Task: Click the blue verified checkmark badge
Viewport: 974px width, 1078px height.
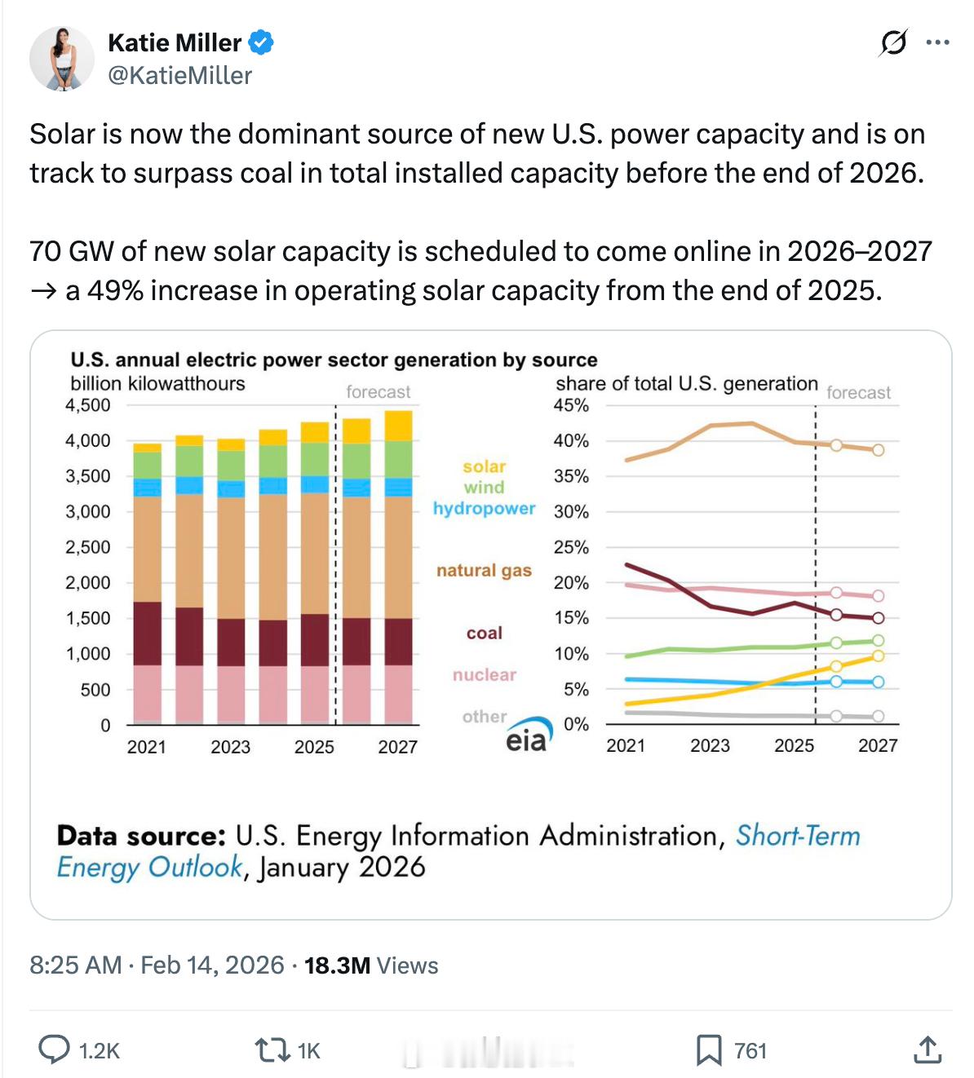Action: [x=260, y=42]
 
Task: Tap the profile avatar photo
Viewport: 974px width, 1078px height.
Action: [x=62, y=59]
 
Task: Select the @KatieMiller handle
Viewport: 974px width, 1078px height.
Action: [x=179, y=76]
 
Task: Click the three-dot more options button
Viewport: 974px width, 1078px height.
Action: [x=938, y=42]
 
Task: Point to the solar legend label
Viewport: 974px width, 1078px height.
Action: [x=484, y=466]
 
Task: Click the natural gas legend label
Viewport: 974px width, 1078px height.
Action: [x=484, y=570]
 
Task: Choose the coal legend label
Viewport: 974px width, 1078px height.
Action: [x=484, y=633]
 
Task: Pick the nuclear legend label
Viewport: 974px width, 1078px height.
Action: [x=484, y=674]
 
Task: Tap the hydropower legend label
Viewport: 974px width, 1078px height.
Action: [x=484, y=508]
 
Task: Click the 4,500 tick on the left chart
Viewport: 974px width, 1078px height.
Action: [x=87, y=405]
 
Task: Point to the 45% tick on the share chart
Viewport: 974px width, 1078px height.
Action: [x=571, y=405]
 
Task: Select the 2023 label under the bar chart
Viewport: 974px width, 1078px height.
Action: [x=230, y=746]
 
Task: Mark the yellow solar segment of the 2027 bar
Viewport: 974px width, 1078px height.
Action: [x=398, y=425]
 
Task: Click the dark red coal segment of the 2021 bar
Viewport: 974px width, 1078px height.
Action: [x=147, y=634]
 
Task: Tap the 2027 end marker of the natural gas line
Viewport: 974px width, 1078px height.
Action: [x=878, y=450]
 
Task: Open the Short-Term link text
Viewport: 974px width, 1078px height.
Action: [x=798, y=836]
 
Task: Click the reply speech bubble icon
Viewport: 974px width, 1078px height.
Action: [x=54, y=1049]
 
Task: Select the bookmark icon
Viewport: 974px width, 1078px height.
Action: [x=708, y=1049]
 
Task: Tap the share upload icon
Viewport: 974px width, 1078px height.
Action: [x=927, y=1049]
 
